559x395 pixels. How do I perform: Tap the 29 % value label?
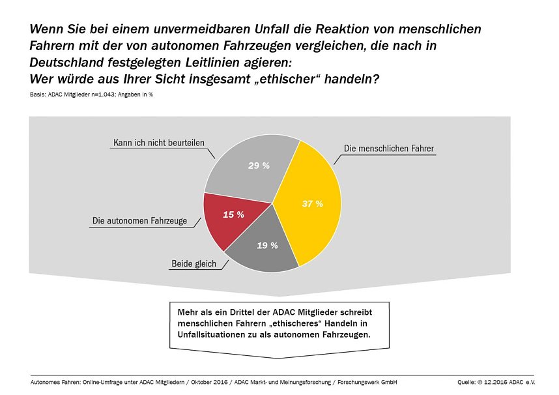coord(259,166)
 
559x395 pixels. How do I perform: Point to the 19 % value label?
coord(267,246)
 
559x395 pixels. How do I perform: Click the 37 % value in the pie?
coord(313,203)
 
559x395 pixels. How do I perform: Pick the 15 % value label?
coord(233,214)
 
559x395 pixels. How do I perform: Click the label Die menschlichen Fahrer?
coord(388,148)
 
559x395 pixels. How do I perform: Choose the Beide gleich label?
coord(194,264)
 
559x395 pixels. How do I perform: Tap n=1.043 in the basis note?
coord(98,95)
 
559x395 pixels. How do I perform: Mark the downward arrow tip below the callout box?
coord(279,358)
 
